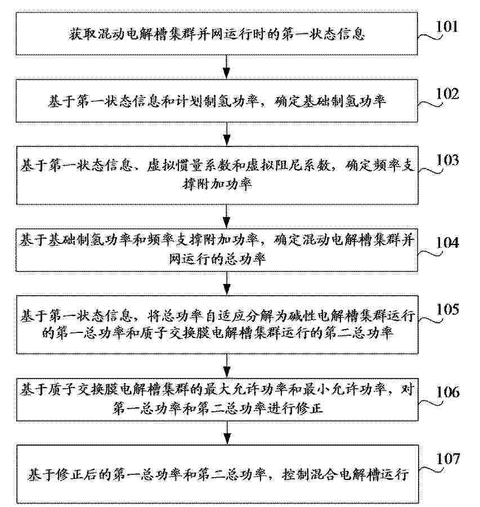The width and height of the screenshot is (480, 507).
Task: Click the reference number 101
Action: coord(447,26)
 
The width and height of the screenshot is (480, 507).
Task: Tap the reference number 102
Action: coord(447,94)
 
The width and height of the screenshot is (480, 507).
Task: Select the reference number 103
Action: coord(447,160)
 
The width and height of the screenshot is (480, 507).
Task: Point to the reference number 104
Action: coord(447,242)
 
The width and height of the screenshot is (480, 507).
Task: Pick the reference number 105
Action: coord(447,309)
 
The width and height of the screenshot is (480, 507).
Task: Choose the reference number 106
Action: coord(448,392)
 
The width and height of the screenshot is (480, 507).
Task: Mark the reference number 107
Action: coord(448,459)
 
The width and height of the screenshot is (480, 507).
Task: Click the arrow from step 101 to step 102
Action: coord(227,67)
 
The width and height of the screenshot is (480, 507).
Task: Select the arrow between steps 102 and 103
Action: coord(227,134)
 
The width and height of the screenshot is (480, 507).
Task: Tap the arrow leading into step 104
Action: coord(227,216)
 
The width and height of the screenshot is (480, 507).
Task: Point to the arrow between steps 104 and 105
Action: coord(227,283)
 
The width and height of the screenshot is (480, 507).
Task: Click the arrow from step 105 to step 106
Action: coord(227,366)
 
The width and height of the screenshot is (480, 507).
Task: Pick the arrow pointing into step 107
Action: coord(227,433)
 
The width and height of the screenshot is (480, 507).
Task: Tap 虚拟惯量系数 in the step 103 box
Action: coord(189,165)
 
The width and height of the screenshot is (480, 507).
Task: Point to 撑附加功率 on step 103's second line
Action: coord(217,184)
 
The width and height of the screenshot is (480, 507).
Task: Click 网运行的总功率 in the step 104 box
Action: coord(217,259)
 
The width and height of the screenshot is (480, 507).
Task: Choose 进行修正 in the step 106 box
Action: coord(295,408)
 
